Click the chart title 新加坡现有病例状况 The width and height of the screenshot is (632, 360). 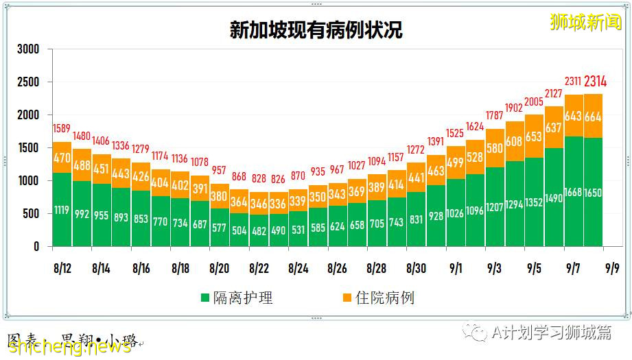point(316,30)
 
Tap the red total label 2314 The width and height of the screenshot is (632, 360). point(594,82)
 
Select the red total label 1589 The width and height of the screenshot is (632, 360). point(62,130)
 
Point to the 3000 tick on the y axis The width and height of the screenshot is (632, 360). point(28,50)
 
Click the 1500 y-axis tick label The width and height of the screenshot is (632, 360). point(28,148)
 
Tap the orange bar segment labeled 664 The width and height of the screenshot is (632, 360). point(594,117)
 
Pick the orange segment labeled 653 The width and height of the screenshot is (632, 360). point(535,136)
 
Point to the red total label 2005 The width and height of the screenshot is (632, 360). point(535,103)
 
